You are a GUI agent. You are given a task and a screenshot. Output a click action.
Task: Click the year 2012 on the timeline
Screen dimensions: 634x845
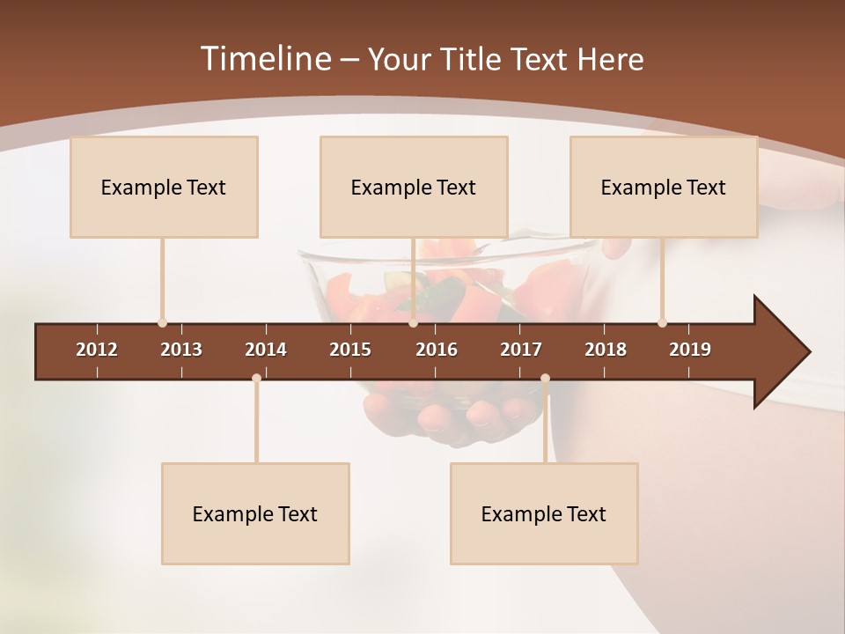(x=97, y=350)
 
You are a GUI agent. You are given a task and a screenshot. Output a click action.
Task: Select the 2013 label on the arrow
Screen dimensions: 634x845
(x=181, y=350)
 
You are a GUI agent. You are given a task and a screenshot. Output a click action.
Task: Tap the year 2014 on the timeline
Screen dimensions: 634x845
(x=266, y=350)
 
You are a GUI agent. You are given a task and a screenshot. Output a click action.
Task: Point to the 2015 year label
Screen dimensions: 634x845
(x=350, y=350)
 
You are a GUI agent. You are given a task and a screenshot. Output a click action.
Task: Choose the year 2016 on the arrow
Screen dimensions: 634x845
(x=437, y=350)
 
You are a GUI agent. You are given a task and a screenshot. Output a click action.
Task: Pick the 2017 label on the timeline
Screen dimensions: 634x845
(x=521, y=350)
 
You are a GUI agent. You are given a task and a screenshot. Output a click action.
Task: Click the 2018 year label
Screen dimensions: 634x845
(x=606, y=350)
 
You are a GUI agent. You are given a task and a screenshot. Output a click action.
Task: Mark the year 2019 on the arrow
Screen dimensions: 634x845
(x=690, y=350)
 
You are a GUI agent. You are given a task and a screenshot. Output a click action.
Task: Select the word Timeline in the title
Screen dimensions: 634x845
(x=264, y=59)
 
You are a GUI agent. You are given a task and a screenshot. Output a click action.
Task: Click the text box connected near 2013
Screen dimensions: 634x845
(x=164, y=187)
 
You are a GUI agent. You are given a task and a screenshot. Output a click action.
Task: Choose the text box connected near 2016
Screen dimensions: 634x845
(x=414, y=187)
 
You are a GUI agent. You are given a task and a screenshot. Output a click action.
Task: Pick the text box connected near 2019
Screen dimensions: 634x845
(x=664, y=187)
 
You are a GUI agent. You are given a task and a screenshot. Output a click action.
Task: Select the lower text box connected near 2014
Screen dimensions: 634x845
(x=255, y=513)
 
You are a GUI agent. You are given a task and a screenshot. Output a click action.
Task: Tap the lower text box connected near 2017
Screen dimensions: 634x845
(x=544, y=513)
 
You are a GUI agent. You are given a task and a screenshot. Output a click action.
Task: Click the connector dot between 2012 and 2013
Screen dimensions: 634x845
(x=162, y=323)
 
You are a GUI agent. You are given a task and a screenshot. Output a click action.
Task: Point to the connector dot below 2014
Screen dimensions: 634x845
(x=256, y=379)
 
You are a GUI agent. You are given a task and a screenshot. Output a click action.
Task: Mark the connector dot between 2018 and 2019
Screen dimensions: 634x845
(x=662, y=323)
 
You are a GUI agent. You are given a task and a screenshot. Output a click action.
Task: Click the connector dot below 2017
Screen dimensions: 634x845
(x=545, y=379)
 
